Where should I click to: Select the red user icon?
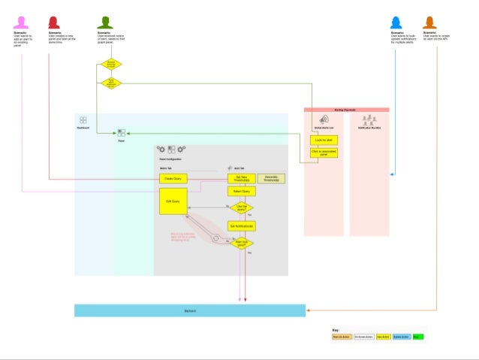click(x=54, y=23)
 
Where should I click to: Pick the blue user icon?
click(x=396, y=23)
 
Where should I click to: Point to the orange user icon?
click(x=429, y=23)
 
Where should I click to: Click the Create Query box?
click(x=173, y=178)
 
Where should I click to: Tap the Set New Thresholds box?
click(x=241, y=178)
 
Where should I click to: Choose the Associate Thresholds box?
click(x=271, y=178)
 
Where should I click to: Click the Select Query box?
click(x=241, y=192)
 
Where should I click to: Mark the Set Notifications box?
click(x=241, y=225)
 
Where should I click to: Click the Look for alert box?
click(x=324, y=140)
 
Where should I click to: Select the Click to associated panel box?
click(x=324, y=153)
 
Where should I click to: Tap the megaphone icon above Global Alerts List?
click(x=324, y=119)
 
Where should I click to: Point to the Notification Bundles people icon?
click(x=368, y=119)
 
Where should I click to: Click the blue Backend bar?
click(x=190, y=310)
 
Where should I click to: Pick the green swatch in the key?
click(x=417, y=337)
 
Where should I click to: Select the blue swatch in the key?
click(x=401, y=337)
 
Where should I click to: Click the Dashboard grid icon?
click(x=83, y=120)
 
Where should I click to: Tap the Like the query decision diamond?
click(x=241, y=208)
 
